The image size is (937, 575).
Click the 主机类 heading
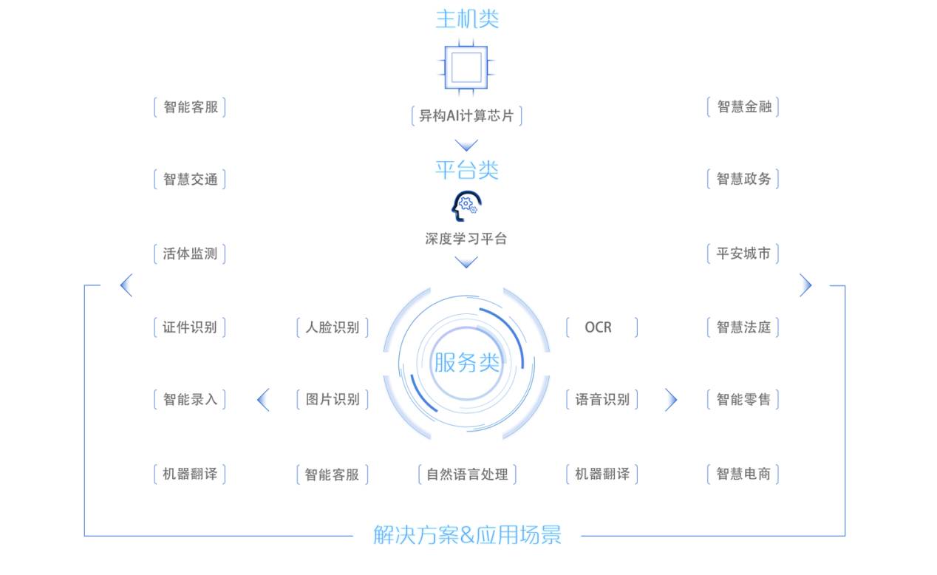467,18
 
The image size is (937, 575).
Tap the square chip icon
466,67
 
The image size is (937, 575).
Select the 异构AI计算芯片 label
466,116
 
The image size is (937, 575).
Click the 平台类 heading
467,170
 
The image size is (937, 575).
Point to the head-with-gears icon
466,206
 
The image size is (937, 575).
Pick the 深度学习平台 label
466,239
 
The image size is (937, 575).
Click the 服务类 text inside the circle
466,363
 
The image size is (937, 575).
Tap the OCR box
601,327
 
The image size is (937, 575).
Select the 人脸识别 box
333,327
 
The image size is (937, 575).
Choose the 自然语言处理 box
466,474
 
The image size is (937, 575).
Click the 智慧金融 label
743,106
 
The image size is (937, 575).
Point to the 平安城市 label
743,254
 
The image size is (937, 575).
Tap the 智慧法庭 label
743,327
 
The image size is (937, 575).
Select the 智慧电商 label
743,474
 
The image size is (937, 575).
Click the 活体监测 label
190,254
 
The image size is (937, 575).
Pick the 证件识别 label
190,327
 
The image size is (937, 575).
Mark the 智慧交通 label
190,179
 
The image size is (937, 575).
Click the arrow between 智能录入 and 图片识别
262,400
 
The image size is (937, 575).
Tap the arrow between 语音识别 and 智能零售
671,400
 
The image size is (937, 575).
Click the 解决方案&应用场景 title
467,534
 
